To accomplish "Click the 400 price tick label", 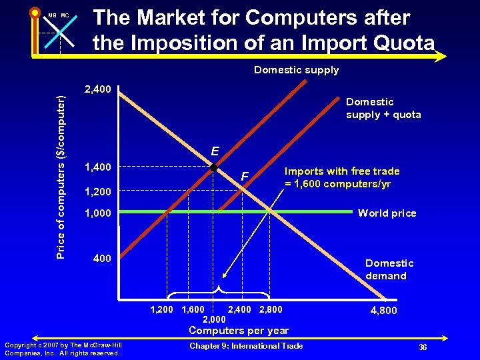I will tap(101, 257).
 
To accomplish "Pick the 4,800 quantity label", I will tap(383, 311).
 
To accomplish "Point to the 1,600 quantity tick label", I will tap(193, 309).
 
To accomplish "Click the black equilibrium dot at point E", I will tap(213, 167).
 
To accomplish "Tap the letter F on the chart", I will tap(245, 177).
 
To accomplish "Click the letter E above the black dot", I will tap(215, 151).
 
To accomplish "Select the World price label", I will tap(387, 213).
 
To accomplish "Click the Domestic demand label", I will tap(389, 269).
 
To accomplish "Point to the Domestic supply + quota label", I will tap(383, 108).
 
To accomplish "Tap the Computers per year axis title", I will tap(239, 331).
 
